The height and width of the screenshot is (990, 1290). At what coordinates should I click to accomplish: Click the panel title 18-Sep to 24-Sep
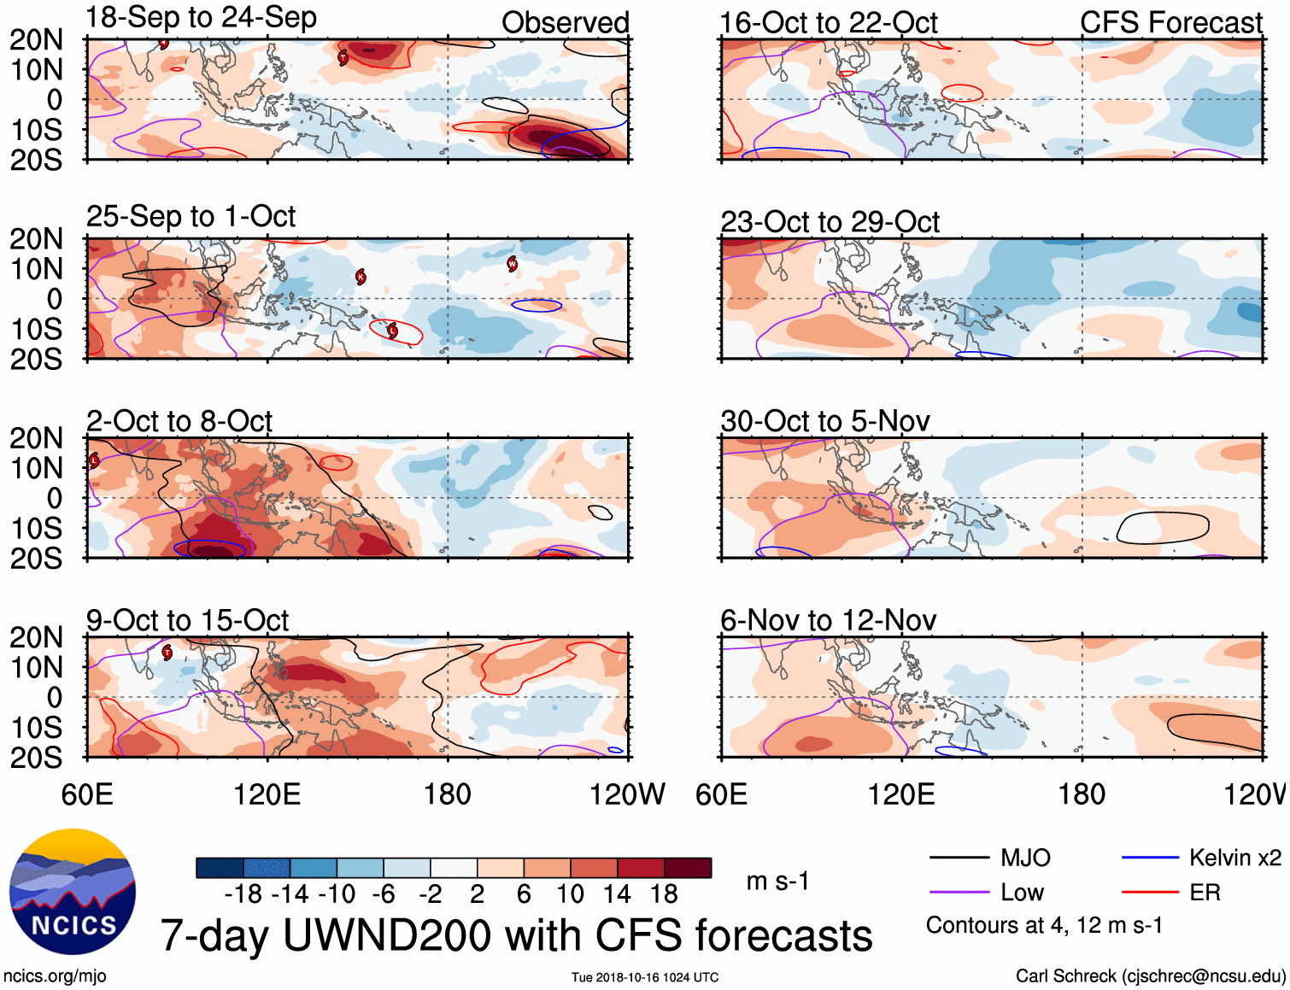click(x=201, y=18)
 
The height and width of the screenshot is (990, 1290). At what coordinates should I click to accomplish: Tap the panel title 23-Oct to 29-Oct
click(x=830, y=222)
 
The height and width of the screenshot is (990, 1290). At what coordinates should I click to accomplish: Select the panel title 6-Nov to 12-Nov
click(x=828, y=620)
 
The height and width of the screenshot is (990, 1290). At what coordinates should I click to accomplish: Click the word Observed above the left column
click(x=565, y=23)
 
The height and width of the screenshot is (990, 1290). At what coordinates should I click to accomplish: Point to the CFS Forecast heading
click(x=1170, y=23)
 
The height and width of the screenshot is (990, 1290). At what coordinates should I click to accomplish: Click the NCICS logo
click(x=73, y=893)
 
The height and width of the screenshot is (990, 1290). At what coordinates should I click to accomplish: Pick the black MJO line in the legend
click(x=959, y=858)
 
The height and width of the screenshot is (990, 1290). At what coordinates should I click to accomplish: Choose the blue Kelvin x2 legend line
click(x=1150, y=858)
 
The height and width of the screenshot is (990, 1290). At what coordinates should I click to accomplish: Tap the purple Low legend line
click(x=959, y=893)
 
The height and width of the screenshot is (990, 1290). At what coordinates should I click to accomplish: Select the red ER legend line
click(x=1150, y=893)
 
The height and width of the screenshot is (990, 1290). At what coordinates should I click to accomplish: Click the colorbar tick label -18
click(x=243, y=894)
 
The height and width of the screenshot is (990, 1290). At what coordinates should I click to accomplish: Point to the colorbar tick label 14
click(x=617, y=894)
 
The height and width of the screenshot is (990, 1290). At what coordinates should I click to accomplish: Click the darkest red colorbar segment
click(x=688, y=868)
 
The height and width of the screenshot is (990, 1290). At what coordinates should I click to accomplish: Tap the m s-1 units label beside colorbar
click(x=777, y=882)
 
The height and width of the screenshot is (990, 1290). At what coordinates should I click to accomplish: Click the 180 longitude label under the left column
click(x=448, y=794)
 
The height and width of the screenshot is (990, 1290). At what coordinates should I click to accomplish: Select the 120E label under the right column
click(x=901, y=794)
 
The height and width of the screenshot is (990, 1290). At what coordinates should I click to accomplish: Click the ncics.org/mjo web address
click(x=55, y=975)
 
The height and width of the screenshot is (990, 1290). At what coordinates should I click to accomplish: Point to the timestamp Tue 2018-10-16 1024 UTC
click(x=645, y=977)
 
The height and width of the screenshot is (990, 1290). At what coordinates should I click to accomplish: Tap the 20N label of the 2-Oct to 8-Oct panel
click(x=36, y=438)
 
